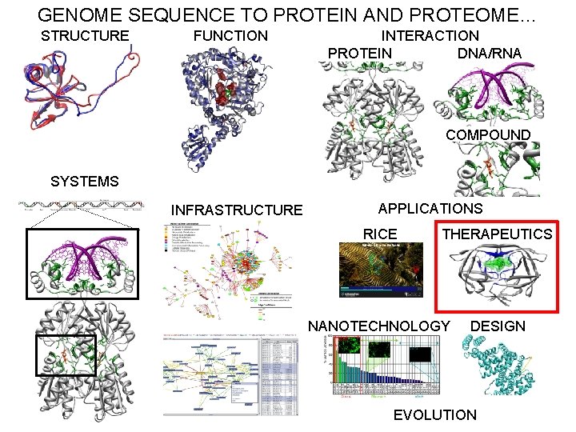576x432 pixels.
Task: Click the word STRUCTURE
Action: (85, 35)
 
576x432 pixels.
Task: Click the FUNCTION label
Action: (230, 35)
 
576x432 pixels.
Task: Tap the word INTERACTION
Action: (430, 35)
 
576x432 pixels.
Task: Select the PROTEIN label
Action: (360, 54)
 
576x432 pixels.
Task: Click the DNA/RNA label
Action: (490, 54)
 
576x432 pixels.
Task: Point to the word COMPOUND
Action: (487, 134)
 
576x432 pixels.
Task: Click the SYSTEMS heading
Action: (85, 182)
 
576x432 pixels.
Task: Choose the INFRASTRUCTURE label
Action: (237, 210)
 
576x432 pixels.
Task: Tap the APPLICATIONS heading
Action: (430, 209)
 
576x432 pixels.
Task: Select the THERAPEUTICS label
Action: (497, 234)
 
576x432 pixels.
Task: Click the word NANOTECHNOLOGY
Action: (379, 326)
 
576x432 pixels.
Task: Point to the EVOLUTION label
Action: (435, 414)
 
